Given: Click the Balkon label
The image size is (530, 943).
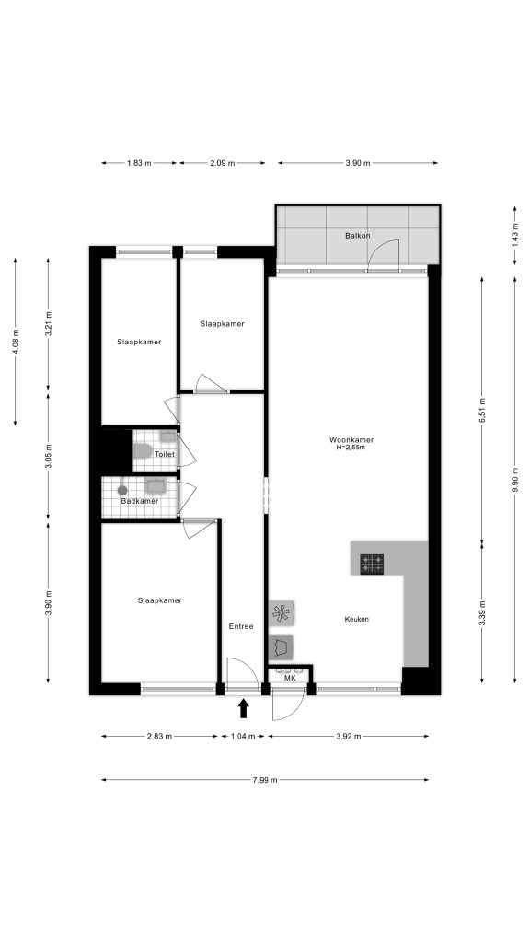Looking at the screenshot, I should click(357, 236).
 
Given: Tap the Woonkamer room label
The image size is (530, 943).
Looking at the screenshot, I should click(351, 439).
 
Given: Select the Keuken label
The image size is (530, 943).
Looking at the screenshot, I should click(356, 619).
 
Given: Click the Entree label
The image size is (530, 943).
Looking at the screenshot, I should click(241, 626).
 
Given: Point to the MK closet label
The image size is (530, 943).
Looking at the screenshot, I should click(289, 679).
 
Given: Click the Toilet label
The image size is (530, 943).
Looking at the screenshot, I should click(165, 454).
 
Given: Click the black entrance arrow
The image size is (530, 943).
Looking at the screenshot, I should click(244, 707).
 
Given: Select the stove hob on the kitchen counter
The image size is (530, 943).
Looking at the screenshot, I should click(372, 564).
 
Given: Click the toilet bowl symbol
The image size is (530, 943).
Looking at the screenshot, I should click(142, 452).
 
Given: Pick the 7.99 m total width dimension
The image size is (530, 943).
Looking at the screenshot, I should click(265, 780).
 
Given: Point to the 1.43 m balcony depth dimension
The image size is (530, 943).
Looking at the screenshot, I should click(514, 236).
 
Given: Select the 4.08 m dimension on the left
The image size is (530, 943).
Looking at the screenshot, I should click(16, 340).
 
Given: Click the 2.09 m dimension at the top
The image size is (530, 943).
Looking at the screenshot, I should click(222, 163).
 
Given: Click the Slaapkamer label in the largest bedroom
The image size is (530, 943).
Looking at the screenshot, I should click(159, 600).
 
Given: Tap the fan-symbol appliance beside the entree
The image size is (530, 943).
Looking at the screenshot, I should click(281, 611).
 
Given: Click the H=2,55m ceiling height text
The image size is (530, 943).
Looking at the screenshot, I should click(351, 448).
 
